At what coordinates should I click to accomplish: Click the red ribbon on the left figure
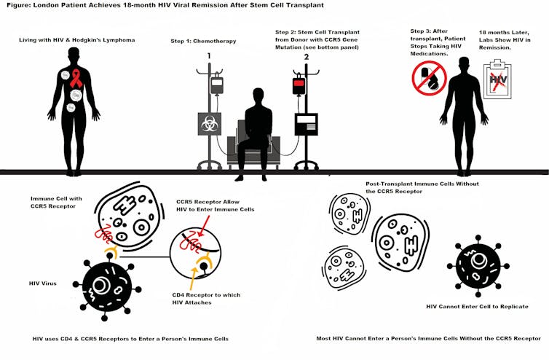point(76,78)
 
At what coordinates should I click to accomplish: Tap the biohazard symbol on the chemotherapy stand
point(210,124)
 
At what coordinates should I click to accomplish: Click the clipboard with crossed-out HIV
point(497,80)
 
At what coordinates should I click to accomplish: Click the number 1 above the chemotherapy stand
point(208,55)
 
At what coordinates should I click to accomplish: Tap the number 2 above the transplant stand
point(306,55)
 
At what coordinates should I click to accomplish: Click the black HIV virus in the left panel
point(107,284)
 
